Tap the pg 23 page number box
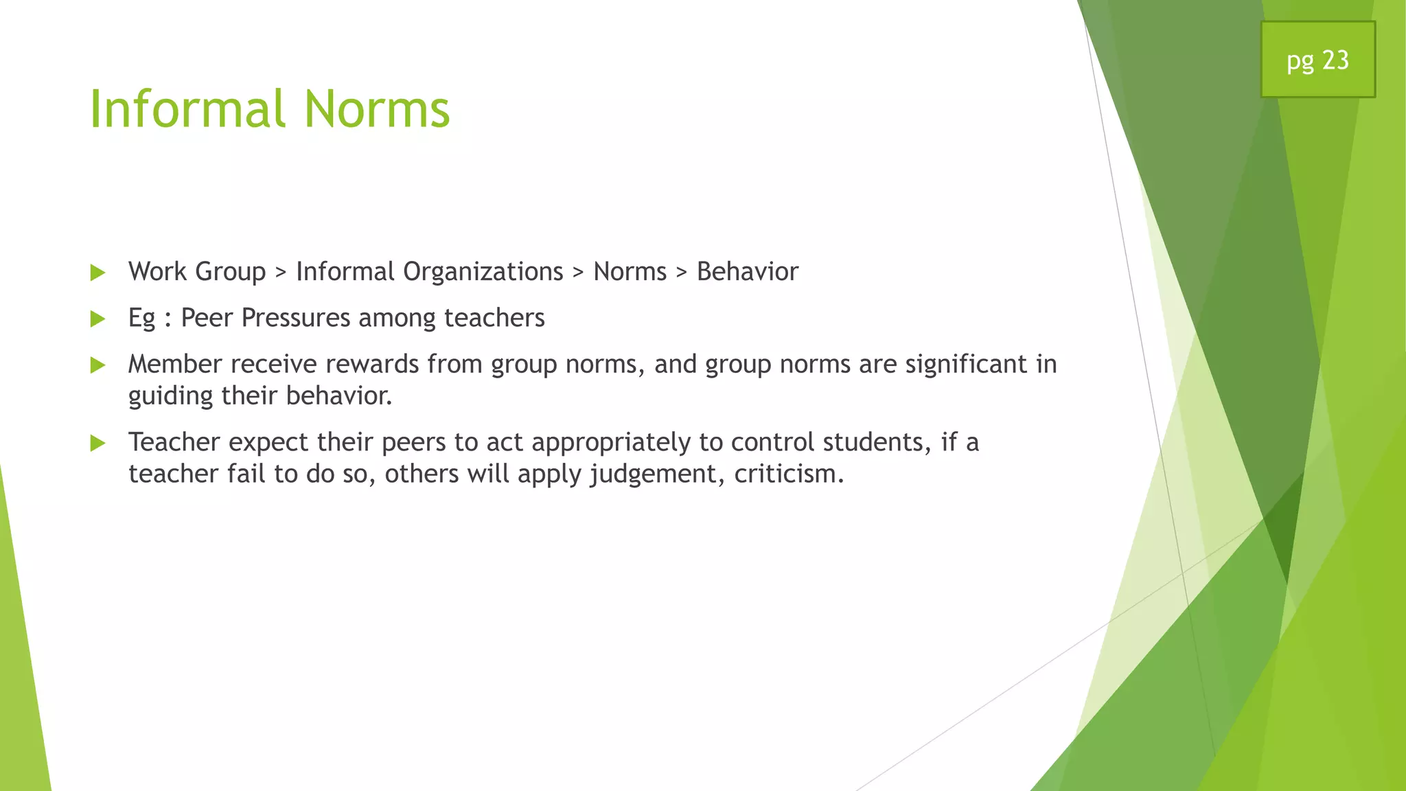click(x=1317, y=60)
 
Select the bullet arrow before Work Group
click(x=98, y=273)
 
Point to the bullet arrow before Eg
click(x=98, y=319)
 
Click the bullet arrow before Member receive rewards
click(x=98, y=365)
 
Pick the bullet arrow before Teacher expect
click(x=98, y=444)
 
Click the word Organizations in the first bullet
click(x=483, y=272)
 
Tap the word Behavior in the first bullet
click(x=747, y=272)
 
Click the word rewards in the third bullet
click(x=371, y=364)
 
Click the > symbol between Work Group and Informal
click(x=280, y=273)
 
